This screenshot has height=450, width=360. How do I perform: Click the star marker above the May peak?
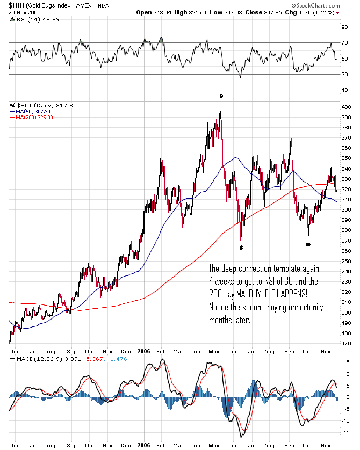(221, 96)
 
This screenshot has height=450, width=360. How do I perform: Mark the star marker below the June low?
(241, 248)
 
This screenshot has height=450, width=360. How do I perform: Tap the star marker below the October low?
(308, 244)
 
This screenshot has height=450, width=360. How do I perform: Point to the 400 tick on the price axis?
(346, 108)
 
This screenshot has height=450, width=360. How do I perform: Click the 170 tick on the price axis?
(346, 343)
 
